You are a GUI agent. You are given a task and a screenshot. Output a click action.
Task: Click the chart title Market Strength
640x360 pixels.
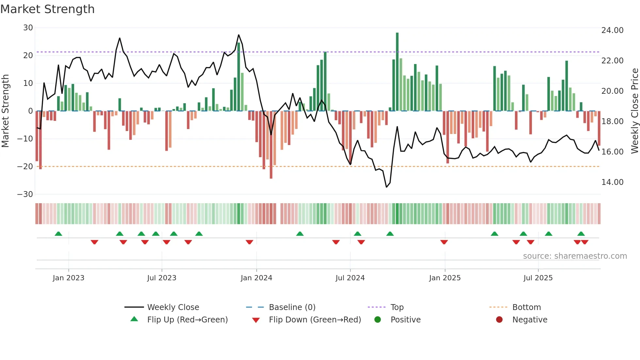[x=47, y=9]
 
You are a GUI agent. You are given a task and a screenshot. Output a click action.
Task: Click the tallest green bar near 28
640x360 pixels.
[x=397, y=72]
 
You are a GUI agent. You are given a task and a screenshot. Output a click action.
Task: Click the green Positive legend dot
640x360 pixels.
[x=378, y=320]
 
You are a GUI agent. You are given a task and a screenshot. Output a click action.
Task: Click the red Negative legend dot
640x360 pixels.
[x=499, y=320]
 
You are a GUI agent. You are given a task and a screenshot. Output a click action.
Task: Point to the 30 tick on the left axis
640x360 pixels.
[x=28, y=28]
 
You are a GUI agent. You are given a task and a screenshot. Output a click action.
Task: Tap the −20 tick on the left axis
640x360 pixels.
[x=25, y=167]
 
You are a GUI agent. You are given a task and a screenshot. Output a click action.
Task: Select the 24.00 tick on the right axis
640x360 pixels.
[x=612, y=30]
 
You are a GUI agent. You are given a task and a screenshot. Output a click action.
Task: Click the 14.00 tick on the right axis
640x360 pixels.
[x=612, y=182]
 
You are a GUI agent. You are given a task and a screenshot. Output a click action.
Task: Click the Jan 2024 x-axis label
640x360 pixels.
[x=256, y=278]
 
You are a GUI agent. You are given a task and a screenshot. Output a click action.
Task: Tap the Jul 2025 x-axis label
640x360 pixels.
[x=538, y=278]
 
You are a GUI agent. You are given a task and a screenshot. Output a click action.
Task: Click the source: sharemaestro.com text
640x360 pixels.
[x=575, y=256]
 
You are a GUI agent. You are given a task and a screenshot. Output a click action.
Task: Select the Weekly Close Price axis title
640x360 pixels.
[x=634, y=111]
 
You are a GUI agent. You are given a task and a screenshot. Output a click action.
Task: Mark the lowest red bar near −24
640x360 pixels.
[x=271, y=145]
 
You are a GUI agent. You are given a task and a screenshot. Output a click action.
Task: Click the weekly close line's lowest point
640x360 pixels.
[x=387, y=187]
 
